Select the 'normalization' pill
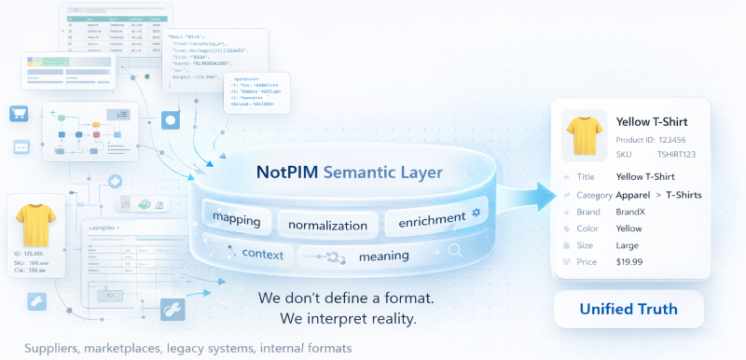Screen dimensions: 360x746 click(327, 225)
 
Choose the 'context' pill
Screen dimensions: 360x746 click(262, 254)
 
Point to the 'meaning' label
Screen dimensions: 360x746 click(383, 256)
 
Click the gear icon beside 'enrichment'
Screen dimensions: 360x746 click(476, 214)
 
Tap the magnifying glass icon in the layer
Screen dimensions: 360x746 click(456, 250)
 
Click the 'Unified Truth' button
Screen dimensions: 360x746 click(629, 309)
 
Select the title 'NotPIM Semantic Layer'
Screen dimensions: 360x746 click(350, 173)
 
